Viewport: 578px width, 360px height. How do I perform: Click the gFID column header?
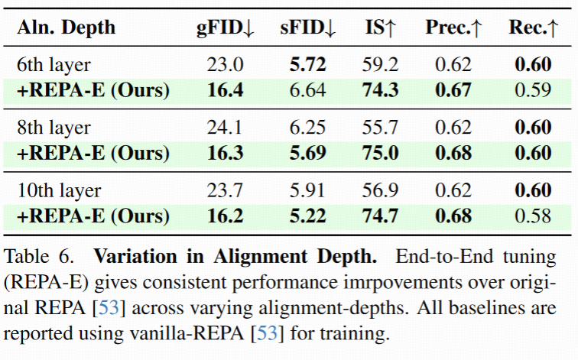click(x=226, y=28)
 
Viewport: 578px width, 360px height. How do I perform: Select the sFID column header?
click(x=310, y=28)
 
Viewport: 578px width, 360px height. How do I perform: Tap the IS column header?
click(x=380, y=28)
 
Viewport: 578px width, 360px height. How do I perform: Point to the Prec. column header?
click(x=454, y=28)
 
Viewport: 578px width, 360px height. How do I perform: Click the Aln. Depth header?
click(x=67, y=28)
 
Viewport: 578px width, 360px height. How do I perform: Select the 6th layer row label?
click(x=54, y=65)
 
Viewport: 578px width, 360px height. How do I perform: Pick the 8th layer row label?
click(x=54, y=128)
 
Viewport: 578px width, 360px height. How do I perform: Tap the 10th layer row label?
click(x=57, y=190)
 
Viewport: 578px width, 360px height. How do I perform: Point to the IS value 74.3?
click(x=380, y=90)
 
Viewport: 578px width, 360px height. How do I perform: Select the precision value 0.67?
click(x=453, y=90)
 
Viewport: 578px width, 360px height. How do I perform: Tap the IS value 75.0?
click(x=380, y=153)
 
